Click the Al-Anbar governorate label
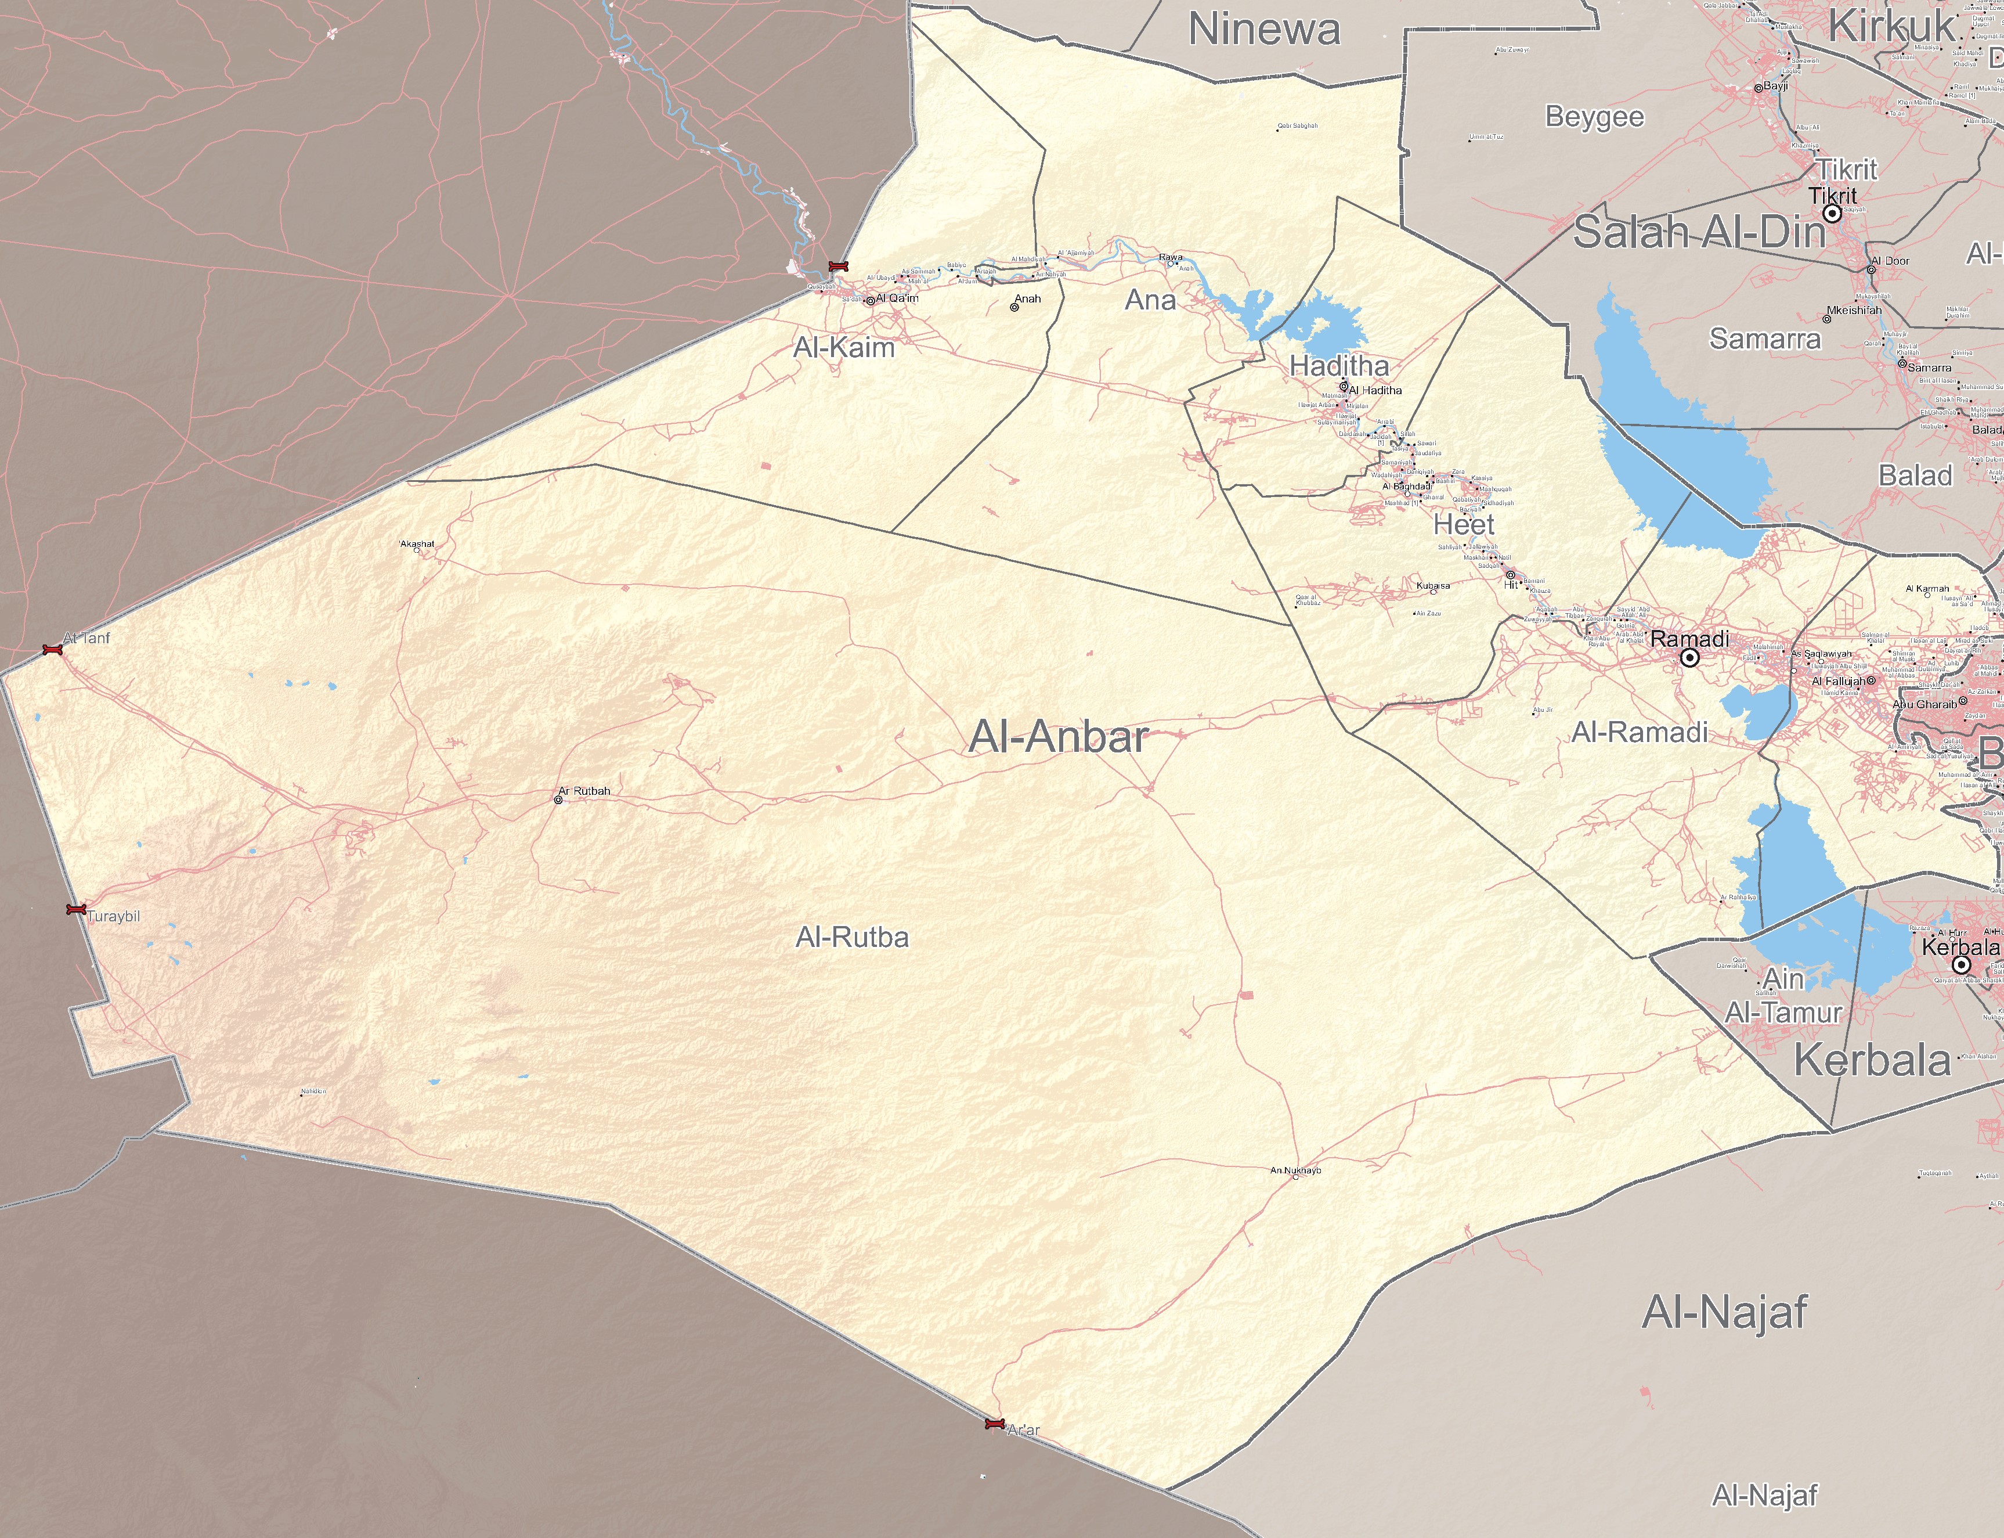click(x=1059, y=737)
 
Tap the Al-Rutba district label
click(x=852, y=938)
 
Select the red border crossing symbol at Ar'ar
click(x=995, y=1424)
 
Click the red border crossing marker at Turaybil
click(x=76, y=909)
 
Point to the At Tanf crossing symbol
click(x=52, y=650)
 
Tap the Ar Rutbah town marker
click(x=559, y=800)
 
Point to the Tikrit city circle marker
click(x=1833, y=213)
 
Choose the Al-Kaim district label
click(x=844, y=348)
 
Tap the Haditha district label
click(x=1339, y=366)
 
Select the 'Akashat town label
click(x=417, y=544)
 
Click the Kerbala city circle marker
click(x=1961, y=965)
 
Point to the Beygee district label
click(x=1595, y=117)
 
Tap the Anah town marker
click(x=1015, y=308)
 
